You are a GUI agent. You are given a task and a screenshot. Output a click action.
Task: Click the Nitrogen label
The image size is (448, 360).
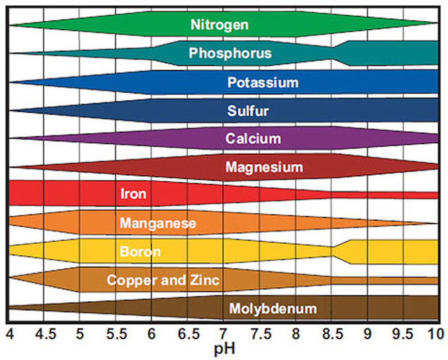click(220, 25)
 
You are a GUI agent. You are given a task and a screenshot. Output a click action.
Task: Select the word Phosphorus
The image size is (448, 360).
click(230, 53)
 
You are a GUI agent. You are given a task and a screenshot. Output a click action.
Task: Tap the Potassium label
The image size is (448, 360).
click(263, 82)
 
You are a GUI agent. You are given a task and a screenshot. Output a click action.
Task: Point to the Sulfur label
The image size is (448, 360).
click(248, 111)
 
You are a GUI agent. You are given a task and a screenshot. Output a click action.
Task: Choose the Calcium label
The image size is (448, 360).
click(253, 138)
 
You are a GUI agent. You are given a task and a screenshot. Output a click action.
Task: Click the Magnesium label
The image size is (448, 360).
click(264, 167)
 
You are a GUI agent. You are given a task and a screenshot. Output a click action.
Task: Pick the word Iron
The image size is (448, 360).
click(133, 193)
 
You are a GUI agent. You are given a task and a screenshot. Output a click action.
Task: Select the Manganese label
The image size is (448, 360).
click(158, 223)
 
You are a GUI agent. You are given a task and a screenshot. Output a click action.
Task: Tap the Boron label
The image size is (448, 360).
click(140, 252)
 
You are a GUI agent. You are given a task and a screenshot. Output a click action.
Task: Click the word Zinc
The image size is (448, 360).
click(204, 280)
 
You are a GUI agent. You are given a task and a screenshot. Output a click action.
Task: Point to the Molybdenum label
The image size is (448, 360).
click(273, 308)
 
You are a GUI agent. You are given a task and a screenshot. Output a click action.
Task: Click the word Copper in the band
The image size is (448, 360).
click(128, 280)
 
